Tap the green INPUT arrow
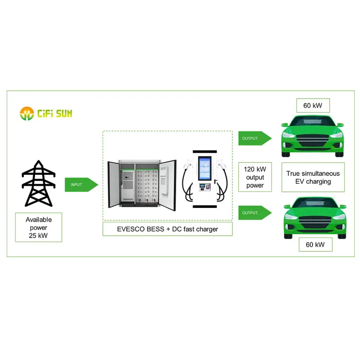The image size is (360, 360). point(81,184)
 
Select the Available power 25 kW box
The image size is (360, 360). point(38,227)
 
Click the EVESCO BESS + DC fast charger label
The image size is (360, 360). point(167,229)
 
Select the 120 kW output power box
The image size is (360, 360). point(255,176)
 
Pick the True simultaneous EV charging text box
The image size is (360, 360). point(312,177)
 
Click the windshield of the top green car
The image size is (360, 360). point(312,122)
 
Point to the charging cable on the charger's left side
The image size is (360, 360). point(187,185)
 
